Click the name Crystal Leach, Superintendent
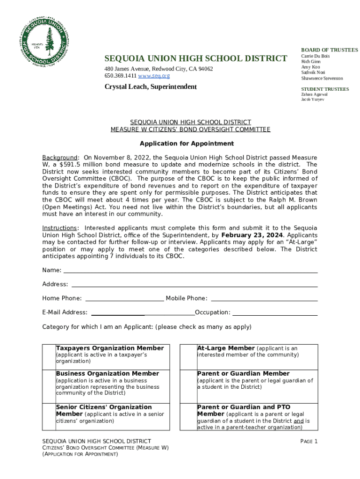point(151,87)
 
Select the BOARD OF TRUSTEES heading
point(329,50)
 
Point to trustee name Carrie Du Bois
point(315,56)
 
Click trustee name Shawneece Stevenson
point(322,79)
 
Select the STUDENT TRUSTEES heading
point(324,89)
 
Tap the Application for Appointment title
point(187,144)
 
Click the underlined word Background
point(59,158)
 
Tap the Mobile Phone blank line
point(264,300)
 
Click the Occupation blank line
point(275,314)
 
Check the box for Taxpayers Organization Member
point(49,357)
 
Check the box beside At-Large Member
point(188,357)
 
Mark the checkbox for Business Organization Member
point(49,385)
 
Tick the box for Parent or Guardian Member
point(188,385)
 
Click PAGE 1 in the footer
point(309,442)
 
